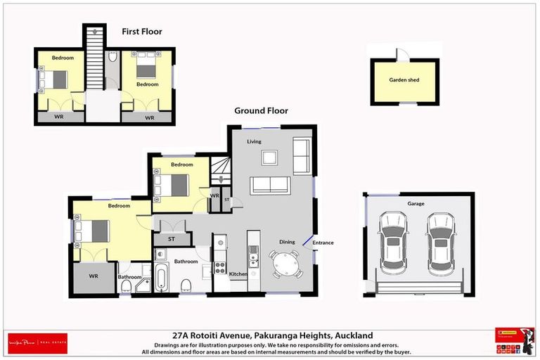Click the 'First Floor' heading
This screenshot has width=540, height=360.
pyautogui.click(x=141, y=32)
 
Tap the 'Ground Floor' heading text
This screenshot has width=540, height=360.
pyautogui.click(x=261, y=111)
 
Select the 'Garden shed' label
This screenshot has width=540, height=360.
pyautogui.click(x=404, y=80)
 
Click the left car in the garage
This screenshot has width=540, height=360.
pyautogui.click(x=392, y=243)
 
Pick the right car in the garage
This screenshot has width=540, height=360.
pyautogui.click(x=442, y=243)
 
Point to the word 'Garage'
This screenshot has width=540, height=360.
pyautogui.click(x=416, y=204)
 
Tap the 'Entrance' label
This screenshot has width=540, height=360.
pyautogui.click(x=323, y=243)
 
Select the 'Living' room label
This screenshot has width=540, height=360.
pyautogui.click(x=254, y=141)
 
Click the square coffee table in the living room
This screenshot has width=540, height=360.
pyautogui.click(x=270, y=157)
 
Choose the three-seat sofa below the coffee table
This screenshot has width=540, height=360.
pyautogui.click(x=270, y=185)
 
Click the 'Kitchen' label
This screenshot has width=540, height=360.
pyautogui.click(x=238, y=274)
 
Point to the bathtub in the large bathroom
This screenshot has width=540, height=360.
pyautogui.click(x=161, y=278)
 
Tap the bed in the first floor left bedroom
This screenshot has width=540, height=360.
pyautogui.click(x=56, y=79)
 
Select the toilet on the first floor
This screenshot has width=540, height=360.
pyautogui.click(x=112, y=58)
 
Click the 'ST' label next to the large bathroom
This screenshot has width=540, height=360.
pyautogui.click(x=171, y=239)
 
